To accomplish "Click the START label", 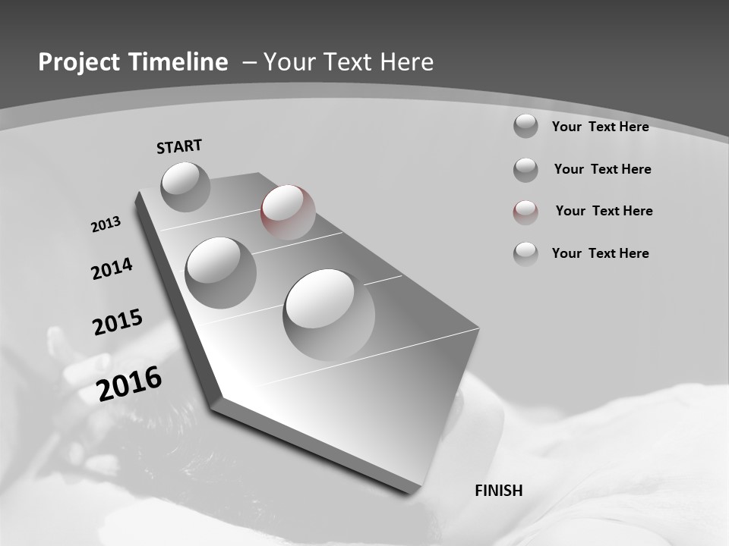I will click(179, 146).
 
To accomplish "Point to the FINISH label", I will click(499, 491).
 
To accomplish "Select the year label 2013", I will click(106, 224).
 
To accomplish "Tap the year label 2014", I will click(112, 268).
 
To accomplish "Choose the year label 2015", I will click(118, 322).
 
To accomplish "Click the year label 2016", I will click(129, 384).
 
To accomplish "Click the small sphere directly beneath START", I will click(186, 187).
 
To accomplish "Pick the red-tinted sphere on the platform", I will click(288, 212).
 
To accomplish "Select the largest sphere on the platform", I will click(329, 314).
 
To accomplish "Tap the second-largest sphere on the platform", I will click(220, 272).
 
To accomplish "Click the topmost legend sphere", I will click(525, 126).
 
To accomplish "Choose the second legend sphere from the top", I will click(525, 170).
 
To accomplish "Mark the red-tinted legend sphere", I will click(525, 212).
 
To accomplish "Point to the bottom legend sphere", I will click(525, 254).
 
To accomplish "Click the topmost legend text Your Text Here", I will click(600, 127).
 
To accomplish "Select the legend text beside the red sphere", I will click(604, 211).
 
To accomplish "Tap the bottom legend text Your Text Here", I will click(600, 253).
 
